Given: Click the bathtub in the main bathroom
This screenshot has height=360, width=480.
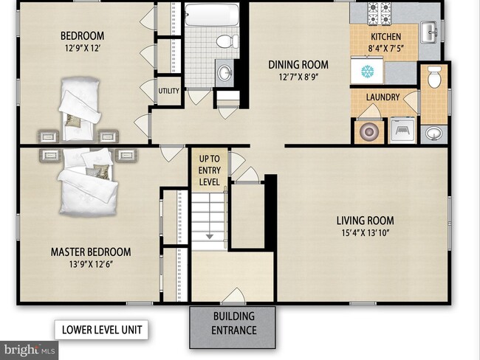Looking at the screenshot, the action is (x=212, y=14).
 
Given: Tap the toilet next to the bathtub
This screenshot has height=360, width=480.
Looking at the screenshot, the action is (x=227, y=41).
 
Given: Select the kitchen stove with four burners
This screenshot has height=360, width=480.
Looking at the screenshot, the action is (x=380, y=13).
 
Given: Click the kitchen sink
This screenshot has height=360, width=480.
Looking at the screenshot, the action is (x=431, y=32).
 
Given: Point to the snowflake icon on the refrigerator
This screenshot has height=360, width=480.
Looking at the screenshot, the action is (x=367, y=72).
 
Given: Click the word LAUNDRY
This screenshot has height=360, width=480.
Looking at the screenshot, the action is (x=383, y=97).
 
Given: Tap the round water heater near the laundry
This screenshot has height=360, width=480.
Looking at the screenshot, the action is (x=369, y=131).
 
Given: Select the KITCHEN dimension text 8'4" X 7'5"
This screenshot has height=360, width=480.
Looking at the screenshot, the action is (x=386, y=49).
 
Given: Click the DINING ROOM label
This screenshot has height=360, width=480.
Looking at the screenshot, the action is (x=298, y=65).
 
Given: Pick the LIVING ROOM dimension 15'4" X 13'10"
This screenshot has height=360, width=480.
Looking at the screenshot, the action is (x=366, y=233).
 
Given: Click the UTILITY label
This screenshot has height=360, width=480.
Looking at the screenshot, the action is (x=168, y=91).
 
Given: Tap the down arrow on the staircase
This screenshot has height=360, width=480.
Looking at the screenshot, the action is (x=210, y=236).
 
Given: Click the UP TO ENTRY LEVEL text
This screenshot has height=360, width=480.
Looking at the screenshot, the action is (x=210, y=170).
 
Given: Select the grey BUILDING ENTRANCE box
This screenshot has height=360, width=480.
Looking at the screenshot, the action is (x=233, y=328).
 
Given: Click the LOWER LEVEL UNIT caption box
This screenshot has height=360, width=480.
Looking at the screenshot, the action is (x=101, y=330).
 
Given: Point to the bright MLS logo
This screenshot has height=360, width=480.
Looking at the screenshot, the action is (x=29, y=350).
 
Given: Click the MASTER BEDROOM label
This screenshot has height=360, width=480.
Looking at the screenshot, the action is (x=91, y=252).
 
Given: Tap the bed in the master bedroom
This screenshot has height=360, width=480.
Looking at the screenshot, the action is (x=87, y=182).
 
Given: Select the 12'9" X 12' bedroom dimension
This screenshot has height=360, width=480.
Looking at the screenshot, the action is (x=83, y=49).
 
